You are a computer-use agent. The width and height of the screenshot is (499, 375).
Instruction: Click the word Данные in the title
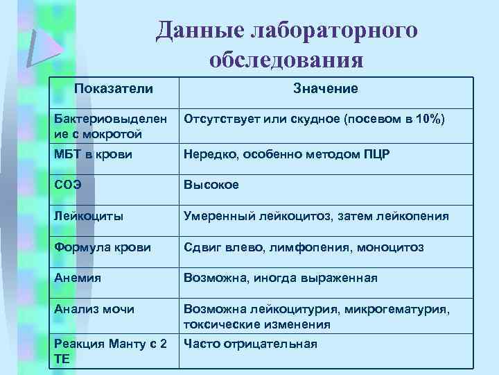pos(197,30)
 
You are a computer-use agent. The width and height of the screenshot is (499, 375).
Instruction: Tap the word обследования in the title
pos(286,60)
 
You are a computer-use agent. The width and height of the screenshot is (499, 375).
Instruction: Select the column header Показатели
pos(114,88)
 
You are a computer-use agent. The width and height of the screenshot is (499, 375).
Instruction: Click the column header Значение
pos(325,88)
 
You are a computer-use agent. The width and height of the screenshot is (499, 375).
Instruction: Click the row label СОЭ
pos(68,185)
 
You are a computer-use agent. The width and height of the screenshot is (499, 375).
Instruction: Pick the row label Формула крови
pos(102,247)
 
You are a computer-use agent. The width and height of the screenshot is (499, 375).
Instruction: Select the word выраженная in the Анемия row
pos(341,278)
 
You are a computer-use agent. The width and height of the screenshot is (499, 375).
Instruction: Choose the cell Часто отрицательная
pos(250,344)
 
